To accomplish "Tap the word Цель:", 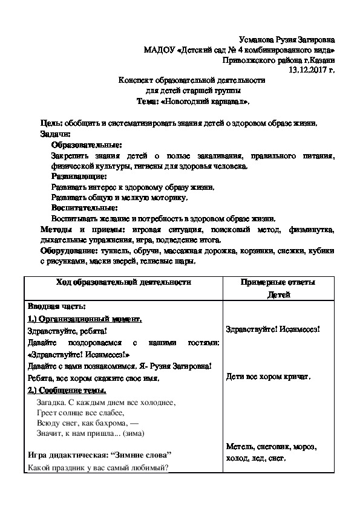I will click(50, 123).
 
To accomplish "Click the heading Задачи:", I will click(55, 134).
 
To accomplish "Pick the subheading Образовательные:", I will click(86, 145).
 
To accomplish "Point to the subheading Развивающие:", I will click(79, 177).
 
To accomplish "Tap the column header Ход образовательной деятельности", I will click(123, 282).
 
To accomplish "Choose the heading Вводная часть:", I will click(57, 306).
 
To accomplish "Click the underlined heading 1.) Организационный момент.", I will click(85, 319).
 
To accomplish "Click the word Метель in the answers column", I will click(237, 446).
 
